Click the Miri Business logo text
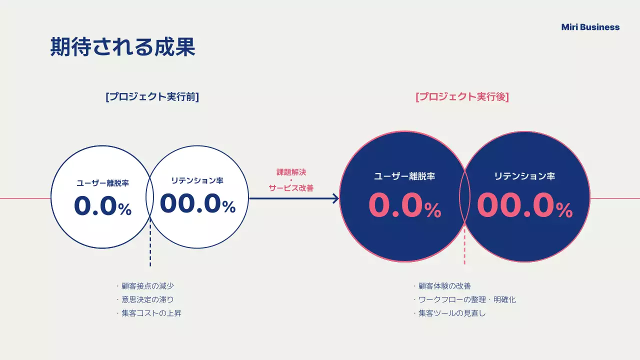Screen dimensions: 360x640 590,27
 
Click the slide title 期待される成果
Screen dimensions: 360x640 122,47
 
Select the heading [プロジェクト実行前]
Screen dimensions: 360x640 152,97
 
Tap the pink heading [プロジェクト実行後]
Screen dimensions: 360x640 462,97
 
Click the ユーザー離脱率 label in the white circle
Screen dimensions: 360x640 102,183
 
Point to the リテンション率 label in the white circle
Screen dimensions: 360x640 197,180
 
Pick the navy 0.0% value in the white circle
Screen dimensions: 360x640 102,206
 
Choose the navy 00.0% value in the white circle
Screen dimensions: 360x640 197,203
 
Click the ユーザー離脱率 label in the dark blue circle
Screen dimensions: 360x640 404,176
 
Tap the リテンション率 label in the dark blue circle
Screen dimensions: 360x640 524,176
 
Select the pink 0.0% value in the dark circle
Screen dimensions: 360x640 404,205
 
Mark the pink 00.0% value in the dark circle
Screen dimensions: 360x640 524,205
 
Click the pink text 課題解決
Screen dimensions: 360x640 291,172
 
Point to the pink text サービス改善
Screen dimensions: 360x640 291,188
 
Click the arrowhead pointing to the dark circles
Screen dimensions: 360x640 335,198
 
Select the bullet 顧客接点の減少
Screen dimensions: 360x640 147,286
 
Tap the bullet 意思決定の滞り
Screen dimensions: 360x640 147,299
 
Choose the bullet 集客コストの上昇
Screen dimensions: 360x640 151,313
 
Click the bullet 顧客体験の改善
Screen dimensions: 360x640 444,286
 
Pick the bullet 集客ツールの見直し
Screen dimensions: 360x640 452,313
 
